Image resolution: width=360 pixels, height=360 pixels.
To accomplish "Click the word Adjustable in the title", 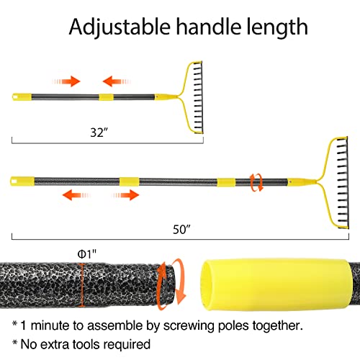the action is [x=120, y=27].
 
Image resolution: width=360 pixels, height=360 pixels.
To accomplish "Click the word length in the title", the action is [x=277, y=27].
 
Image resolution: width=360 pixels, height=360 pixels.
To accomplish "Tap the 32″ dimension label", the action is [x=99, y=132].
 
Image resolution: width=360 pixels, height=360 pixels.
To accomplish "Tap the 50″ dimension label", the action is [x=181, y=230].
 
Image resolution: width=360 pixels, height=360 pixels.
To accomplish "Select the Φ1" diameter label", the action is [x=87, y=254].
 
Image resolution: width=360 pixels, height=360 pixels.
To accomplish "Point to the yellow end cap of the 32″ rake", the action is [x=22, y=97].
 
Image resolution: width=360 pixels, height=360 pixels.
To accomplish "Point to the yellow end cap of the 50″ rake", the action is [x=22, y=181].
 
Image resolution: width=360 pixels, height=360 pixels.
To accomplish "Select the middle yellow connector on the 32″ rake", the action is [x=106, y=97].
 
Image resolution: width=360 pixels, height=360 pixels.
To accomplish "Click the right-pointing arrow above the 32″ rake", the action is [x=66, y=81].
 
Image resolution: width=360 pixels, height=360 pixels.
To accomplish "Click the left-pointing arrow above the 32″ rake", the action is [x=117, y=81].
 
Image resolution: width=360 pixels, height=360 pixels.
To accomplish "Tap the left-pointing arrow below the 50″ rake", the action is [x=76, y=195].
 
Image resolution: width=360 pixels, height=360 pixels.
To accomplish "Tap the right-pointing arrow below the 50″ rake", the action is [x=125, y=195].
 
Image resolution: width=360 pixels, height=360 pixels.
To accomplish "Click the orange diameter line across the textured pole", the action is [x=82, y=285].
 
